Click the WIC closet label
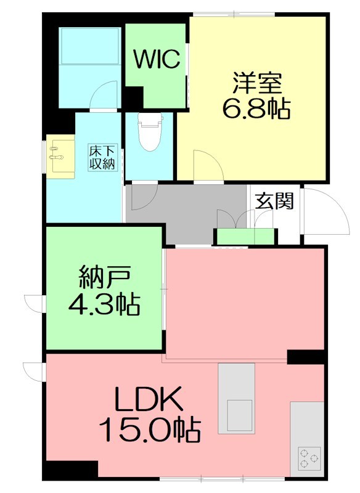(x=157, y=60)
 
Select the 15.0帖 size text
(x=150, y=430)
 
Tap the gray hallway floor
(x=185, y=213)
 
